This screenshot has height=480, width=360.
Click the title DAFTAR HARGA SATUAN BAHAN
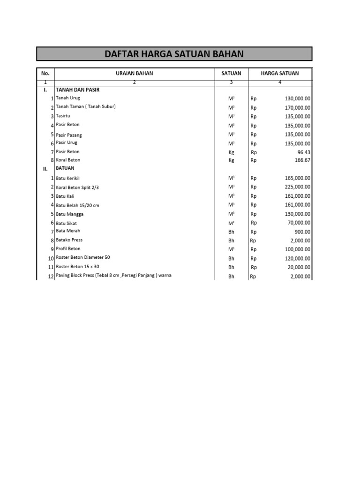(174, 54)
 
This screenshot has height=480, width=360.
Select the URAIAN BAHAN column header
(135, 73)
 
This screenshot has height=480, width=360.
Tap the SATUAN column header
(231, 73)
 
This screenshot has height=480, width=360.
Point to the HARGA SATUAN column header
(279, 73)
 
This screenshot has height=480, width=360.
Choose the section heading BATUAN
(65, 168)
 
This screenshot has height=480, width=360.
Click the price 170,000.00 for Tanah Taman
(297, 108)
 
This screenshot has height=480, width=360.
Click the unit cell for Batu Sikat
(231, 223)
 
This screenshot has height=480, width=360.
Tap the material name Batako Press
(69, 240)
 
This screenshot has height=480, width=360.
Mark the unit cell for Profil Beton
(231, 250)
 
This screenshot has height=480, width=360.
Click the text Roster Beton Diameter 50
(83, 258)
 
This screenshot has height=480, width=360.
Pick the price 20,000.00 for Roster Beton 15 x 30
(299, 268)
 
